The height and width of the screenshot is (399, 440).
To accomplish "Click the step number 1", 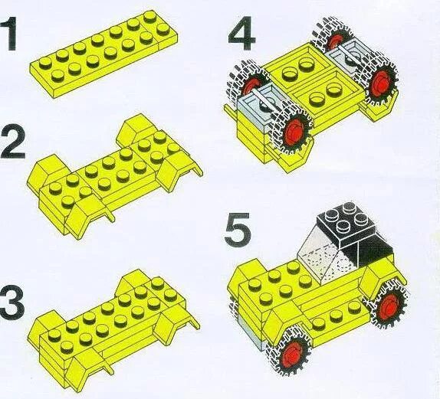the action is (x=8, y=34).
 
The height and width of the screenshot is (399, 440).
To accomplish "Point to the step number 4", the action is (x=241, y=34).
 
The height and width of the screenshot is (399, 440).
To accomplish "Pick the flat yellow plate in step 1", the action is (x=103, y=54).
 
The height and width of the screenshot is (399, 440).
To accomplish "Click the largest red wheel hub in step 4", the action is (x=295, y=131).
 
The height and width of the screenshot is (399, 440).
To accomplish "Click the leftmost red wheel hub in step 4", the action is (x=253, y=86).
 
